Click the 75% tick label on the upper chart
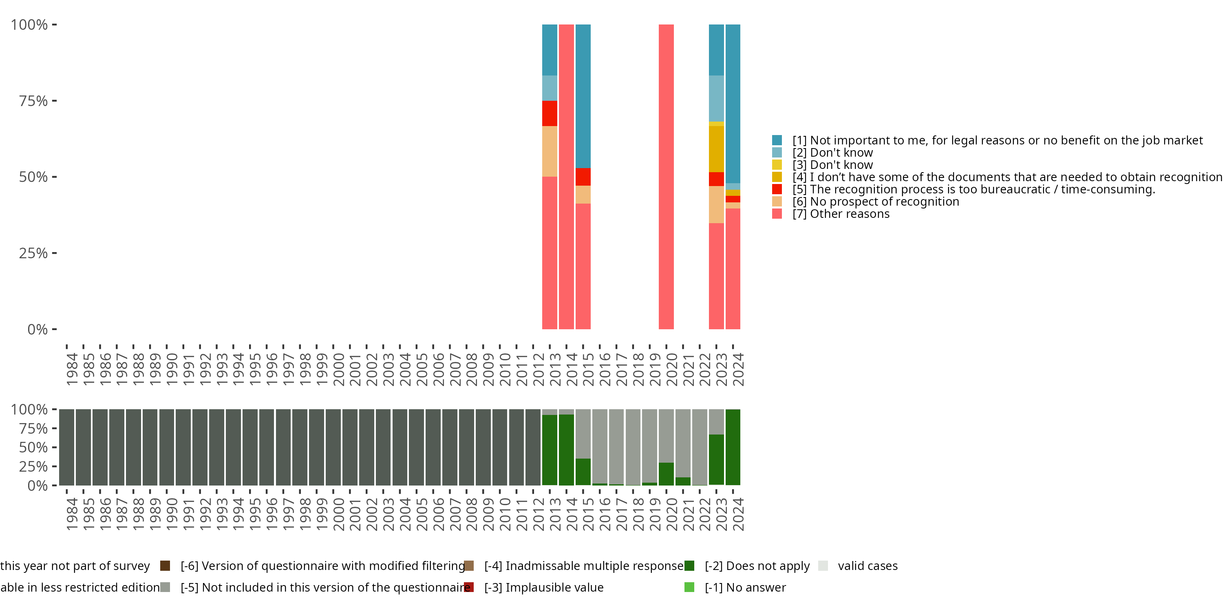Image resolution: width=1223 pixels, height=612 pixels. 33,101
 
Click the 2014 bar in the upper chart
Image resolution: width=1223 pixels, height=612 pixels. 566,177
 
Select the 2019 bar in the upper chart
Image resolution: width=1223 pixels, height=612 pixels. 666,177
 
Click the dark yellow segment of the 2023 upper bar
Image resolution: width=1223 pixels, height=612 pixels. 716,149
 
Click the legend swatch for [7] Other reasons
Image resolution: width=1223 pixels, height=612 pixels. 777,214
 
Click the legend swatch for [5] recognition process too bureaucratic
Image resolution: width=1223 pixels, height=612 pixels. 777,189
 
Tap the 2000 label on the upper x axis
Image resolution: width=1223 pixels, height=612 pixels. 338,369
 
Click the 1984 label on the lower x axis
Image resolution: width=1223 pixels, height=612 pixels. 72,514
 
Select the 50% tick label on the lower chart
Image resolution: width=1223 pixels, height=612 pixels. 33,448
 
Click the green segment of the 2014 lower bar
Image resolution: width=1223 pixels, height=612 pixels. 566,450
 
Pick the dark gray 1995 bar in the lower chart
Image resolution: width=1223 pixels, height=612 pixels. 250,447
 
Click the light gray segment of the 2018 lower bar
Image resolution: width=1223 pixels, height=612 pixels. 633,447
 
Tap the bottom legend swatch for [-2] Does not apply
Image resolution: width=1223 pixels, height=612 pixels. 689,566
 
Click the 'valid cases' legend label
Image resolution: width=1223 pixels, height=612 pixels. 868,566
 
